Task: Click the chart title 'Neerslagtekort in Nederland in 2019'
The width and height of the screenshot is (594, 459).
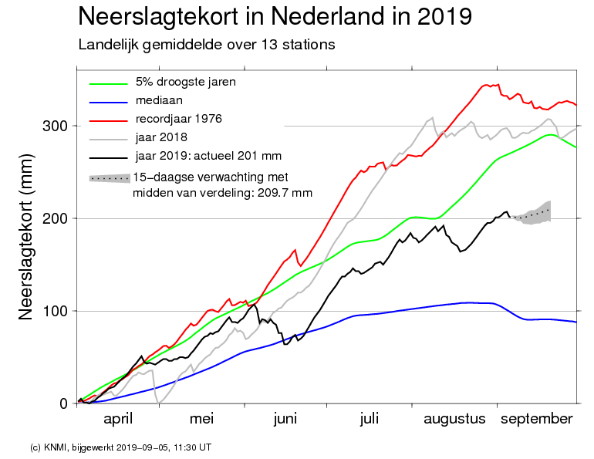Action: tap(275, 16)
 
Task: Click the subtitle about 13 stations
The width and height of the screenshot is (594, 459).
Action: tap(207, 44)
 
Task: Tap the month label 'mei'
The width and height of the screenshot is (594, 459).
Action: tap(201, 419)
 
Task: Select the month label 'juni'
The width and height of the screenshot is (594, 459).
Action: tap(285, 419)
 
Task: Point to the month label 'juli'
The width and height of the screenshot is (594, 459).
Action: tap(369, 419)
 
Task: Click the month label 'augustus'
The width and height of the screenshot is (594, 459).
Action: tap(454, 419)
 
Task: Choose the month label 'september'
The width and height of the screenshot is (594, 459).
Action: tap(537, 419)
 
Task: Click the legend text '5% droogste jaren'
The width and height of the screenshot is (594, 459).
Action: tap(185, 82)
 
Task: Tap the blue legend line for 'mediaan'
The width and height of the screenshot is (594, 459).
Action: tap(106, 101)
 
